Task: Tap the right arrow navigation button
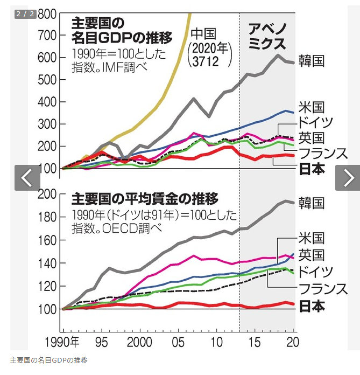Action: coord(348,177)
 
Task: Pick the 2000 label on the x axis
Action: coord(140,343)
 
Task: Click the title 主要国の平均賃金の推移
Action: coord(145,199)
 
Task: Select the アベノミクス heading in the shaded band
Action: coord(267,36)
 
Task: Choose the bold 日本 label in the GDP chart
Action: coord(311,169)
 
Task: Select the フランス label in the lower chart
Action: coord(323,289)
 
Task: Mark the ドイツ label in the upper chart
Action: coord(315,121)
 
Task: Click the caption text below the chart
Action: coord(49,359)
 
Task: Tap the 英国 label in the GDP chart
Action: coord(311,137)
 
